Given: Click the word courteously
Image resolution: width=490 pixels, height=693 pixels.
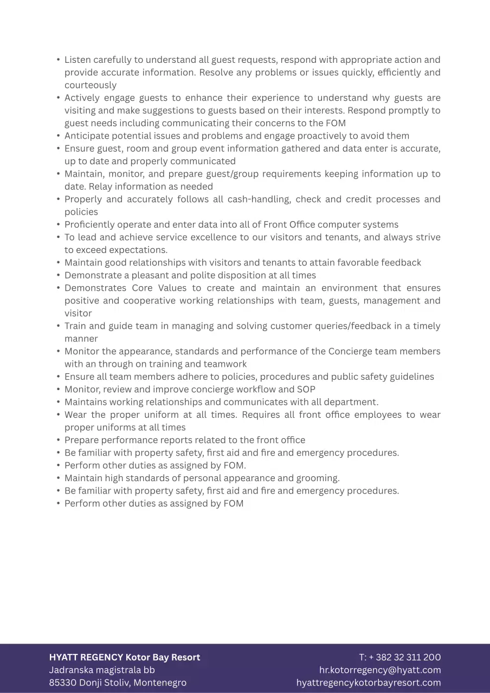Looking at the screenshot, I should (91, 85).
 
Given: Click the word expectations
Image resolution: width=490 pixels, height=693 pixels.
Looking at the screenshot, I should (138, 250).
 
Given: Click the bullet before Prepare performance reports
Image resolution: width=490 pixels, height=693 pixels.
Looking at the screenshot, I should (58, 440).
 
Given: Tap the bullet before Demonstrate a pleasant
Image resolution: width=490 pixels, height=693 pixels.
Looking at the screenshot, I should (58, 275).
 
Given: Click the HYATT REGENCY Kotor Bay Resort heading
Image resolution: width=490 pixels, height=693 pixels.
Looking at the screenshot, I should (125, 657).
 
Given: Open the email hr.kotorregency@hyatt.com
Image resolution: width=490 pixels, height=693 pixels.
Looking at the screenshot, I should (380, 670).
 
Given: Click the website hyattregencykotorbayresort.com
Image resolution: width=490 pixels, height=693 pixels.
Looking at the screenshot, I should (369, 683).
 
